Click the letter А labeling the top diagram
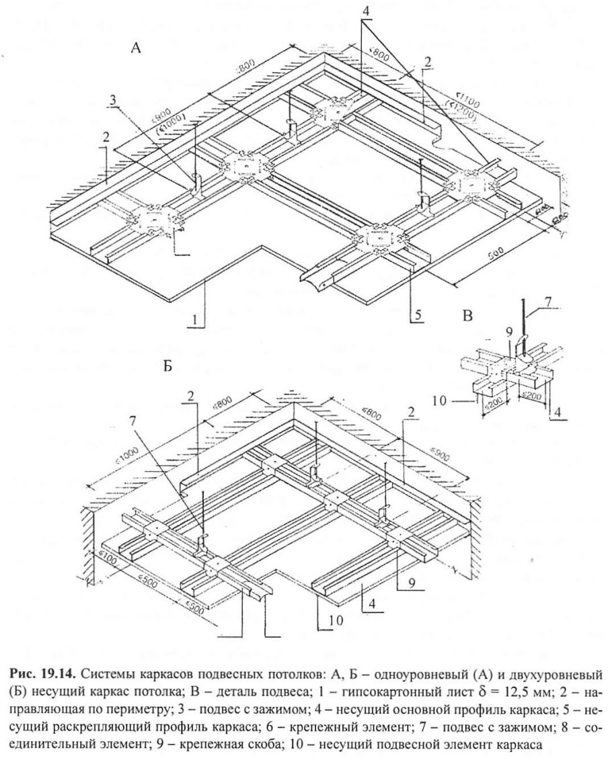[x=136, y=49]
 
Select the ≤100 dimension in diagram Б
[x=108, y=555]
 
